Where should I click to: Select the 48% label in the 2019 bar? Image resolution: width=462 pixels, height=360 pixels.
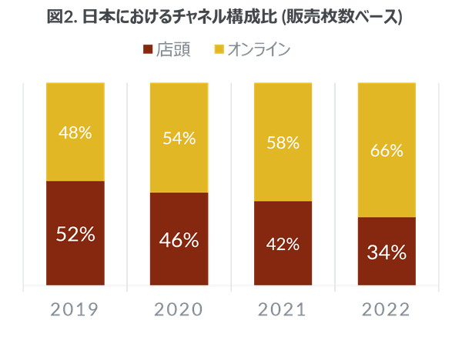point(75,132)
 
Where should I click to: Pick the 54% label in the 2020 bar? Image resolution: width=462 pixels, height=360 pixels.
point(179,138)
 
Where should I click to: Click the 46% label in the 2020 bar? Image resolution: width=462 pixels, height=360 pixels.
point(179,240)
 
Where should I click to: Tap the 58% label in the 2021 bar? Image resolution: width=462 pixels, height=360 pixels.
point(283,143)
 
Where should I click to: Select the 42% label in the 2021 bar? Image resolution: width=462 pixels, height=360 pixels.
point(283,245)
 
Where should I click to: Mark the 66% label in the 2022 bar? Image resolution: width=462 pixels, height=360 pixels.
point(386,151)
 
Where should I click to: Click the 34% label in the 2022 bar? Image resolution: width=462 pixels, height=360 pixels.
point(386,252)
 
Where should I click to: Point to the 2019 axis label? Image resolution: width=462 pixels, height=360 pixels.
point(75,310)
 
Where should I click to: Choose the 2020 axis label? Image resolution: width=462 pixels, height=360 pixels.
point(179,310)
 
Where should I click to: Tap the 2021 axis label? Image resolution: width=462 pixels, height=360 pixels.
point(283,310)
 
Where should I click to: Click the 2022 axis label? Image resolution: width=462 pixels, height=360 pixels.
point(386,310)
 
